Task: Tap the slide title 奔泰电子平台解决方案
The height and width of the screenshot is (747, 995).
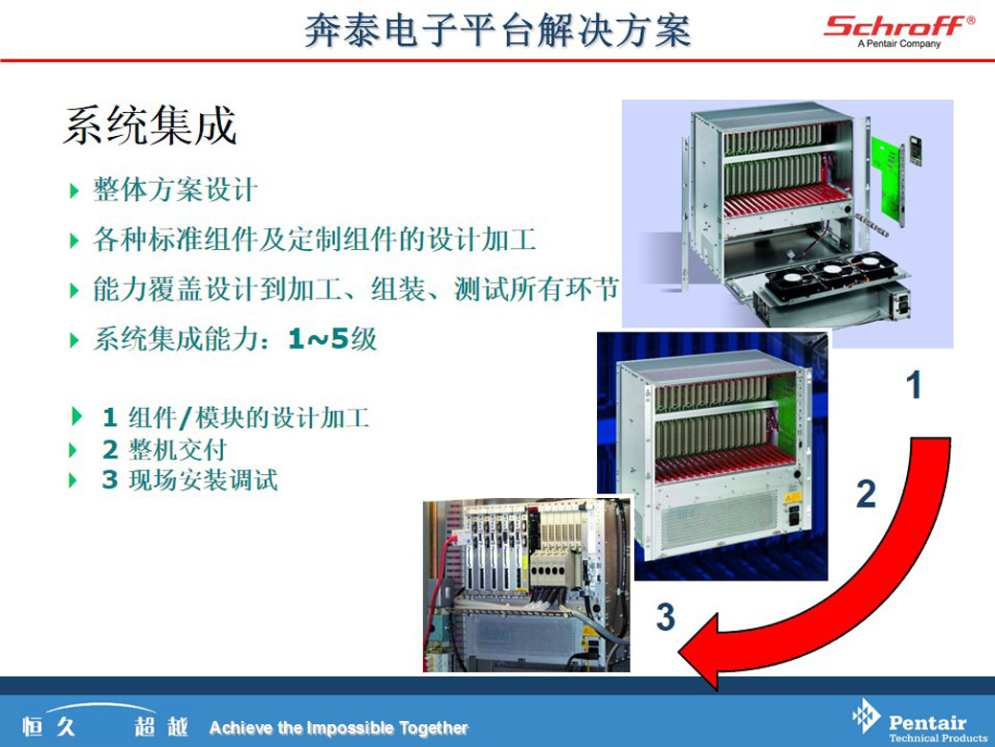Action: [497, 31]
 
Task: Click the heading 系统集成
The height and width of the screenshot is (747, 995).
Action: [150, 125]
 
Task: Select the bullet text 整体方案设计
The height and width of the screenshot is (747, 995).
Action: [175, 190]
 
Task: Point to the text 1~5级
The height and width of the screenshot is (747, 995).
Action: [333, 339]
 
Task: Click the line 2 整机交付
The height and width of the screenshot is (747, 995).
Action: [165, 450]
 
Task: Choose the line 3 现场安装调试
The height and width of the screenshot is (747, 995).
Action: [189, 480]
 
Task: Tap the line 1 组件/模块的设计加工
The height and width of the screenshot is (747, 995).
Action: [235, 418]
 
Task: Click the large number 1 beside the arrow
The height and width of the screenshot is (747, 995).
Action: [913, 385]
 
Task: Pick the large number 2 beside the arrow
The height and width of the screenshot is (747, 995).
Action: [866, 494]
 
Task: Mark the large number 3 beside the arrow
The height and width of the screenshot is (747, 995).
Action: [665, 617]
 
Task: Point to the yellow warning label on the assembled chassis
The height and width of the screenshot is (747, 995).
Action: [792, 497]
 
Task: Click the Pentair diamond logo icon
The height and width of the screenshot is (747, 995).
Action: [866, 716]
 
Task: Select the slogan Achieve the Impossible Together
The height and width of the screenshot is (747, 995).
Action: [339, 728]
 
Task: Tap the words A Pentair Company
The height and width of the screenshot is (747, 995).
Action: [899, 44]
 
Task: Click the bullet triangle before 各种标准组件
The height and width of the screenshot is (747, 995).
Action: [75, 240]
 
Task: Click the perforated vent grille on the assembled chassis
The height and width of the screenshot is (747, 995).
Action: [719, 520]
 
